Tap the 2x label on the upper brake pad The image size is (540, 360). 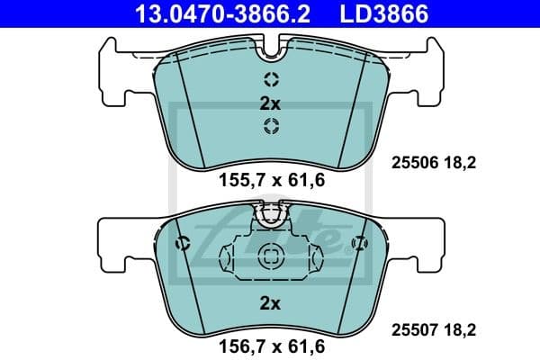pyautogui.click(x=270, y=103)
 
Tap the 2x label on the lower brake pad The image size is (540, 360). pyautogui.click(x=270, y=303)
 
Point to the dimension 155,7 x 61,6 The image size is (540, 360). pyautogui.click(x=271, y=180)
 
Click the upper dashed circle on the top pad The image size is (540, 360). pyautogui.click(x=271, y=78)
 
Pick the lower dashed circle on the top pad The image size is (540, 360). pyautogui.click(x=271, y=126)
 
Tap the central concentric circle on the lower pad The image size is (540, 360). pyautogui.click(x=271, y=256)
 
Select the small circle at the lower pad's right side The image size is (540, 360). pyautogui.click(x=360, y=242)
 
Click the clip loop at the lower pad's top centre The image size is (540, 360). pyautogui.click(x=270, y=215)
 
